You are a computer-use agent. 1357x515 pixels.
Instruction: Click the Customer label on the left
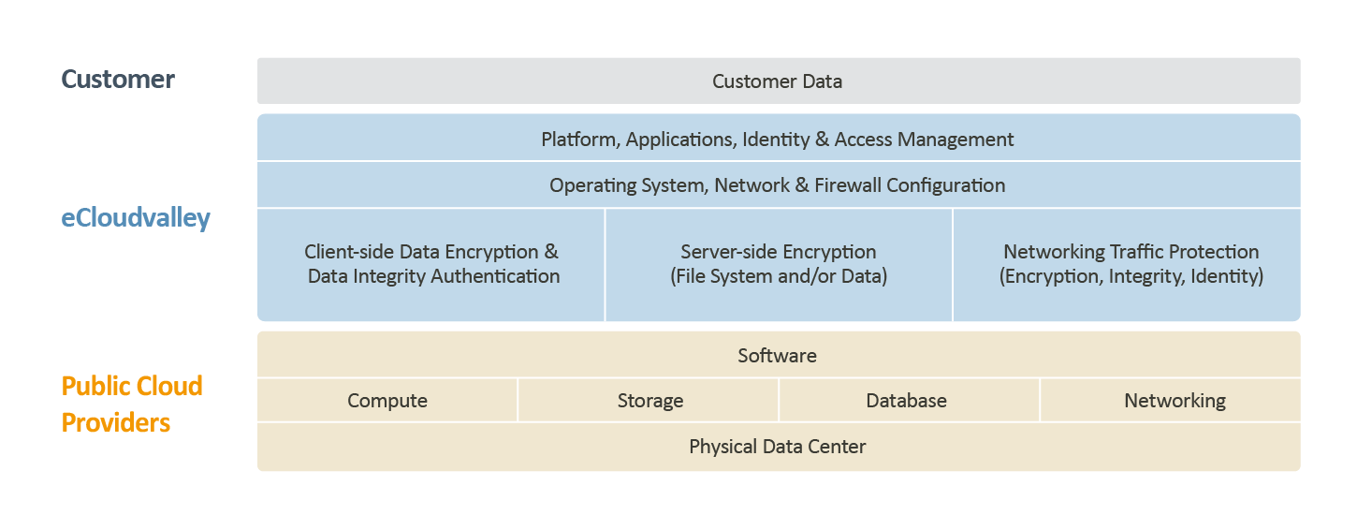pos(118,80)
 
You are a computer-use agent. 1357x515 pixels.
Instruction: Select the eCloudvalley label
pos(136,218)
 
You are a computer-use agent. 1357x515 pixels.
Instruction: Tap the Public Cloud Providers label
pos(132,405)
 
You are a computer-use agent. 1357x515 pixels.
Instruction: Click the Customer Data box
pos(778,81)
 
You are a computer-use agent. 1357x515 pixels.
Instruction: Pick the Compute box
pos(387,401)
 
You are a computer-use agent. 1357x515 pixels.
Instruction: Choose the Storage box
pos(649,401)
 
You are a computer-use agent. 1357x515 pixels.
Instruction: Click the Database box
pos(906,401)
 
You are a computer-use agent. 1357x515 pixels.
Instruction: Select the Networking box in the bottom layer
pos(1175,401)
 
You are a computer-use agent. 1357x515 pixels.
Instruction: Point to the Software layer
pos(778,356)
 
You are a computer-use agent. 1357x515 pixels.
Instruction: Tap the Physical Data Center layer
pos(778,447)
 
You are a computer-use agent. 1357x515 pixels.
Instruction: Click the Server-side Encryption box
pos(778,264)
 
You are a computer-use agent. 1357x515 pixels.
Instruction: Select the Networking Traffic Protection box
pos(1131,264)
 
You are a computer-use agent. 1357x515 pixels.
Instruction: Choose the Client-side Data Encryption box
pos(432,264)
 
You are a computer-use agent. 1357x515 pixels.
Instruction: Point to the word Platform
pos(578,140)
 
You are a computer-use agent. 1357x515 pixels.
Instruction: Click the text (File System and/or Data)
pos(778,277)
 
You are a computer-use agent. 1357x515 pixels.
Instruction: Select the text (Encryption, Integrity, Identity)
pos(1131,277)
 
